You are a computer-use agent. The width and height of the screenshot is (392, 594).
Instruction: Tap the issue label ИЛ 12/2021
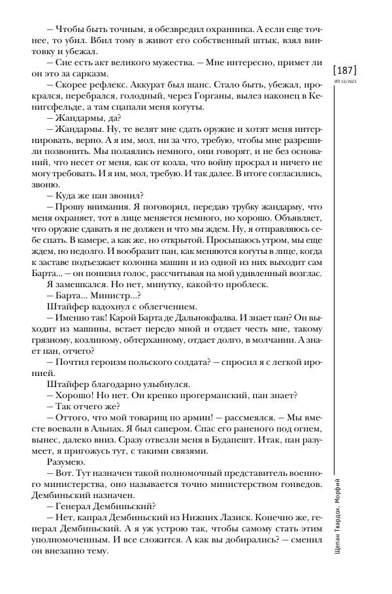pyautogui.click(x=345, y=82)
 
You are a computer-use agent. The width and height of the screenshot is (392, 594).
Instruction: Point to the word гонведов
pyautogui.click(x=299, y=497)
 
